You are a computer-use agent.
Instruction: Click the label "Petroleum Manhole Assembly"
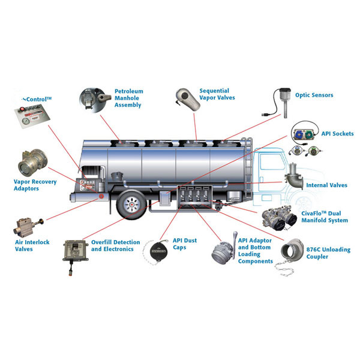pyautogui.click(x=129, y=98)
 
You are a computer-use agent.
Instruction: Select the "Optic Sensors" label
pyautogui.click(x=314, y=95)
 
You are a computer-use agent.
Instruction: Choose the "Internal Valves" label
pyautogui.click(x=326, y=185)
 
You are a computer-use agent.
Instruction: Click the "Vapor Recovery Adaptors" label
pyautogui.click(x=34, y=185)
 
